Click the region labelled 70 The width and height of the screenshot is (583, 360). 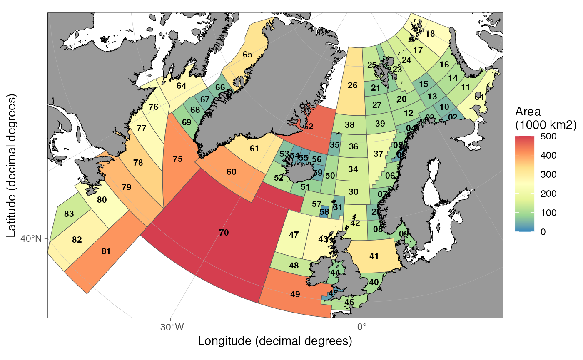coord(224,233)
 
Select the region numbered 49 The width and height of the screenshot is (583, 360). coord(295,294)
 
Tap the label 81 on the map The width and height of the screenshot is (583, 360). coord(106,251)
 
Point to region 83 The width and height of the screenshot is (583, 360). coord(69,214)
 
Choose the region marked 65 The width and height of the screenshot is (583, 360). coord(247,55)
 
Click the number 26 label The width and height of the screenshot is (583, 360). coord(352,86)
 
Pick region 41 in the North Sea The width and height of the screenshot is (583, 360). coord(374,256)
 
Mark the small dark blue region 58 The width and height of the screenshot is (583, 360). coord(324,212)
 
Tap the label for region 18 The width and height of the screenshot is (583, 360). coord(430,34)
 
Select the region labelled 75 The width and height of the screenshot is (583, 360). coord(178,159)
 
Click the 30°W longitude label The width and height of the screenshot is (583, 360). coord(172,327)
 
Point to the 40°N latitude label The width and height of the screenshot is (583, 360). coord(31,239)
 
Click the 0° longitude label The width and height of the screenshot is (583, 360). coord(361,327)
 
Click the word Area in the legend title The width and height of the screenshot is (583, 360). coord(528,112)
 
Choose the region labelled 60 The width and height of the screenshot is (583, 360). coord(231,171)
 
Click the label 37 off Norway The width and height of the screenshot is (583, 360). coord(378,154)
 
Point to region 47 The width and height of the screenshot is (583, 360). coord(294,235)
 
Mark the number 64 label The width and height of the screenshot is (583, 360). coord(181,86)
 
